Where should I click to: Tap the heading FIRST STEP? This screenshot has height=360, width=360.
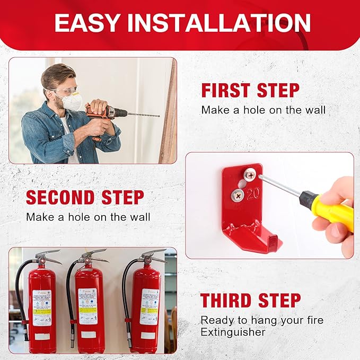(x=250, y=90)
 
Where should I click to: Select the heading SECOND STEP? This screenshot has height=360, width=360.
(x=85, y=197)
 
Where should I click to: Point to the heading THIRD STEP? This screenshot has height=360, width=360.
(x=249, y=300)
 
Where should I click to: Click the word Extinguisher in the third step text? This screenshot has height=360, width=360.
(x=233, y=332)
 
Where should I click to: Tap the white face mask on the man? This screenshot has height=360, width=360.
(x=72, y=101)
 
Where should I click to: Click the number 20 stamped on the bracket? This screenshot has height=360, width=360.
(x=252, y=192)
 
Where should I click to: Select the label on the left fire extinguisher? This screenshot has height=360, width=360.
(x=42, y=307)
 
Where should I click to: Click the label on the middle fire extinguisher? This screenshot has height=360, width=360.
(x=88, y=306)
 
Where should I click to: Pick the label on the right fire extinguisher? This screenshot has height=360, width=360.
(x=149, y=306)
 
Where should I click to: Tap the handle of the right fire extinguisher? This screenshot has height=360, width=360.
(x=153, y=254)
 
